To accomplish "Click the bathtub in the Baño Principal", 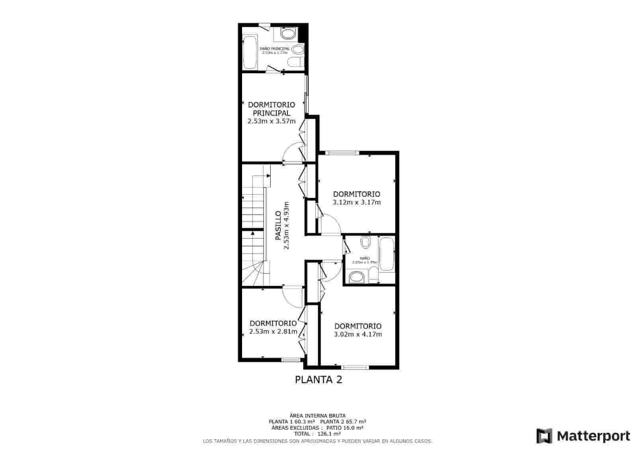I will tap(250, 52).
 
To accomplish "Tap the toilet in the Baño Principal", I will tap(297, 50).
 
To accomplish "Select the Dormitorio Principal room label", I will tap(272, 109).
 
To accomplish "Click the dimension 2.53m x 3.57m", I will tap(272, 121).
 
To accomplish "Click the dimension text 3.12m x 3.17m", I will tap(357, 202).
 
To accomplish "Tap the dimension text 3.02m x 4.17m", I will tap(358, 334).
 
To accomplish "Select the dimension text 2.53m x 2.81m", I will tap(273, 331).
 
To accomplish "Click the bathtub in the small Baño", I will tap(387, 254).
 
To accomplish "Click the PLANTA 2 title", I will tap(318, 380).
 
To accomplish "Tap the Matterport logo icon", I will tap(544, 436).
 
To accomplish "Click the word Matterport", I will tap(594, 436).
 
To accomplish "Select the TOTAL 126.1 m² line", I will tap(317, 434).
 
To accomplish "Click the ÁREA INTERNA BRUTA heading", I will tap(317, 415).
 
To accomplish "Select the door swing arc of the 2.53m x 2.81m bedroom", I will tap(293, 298).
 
